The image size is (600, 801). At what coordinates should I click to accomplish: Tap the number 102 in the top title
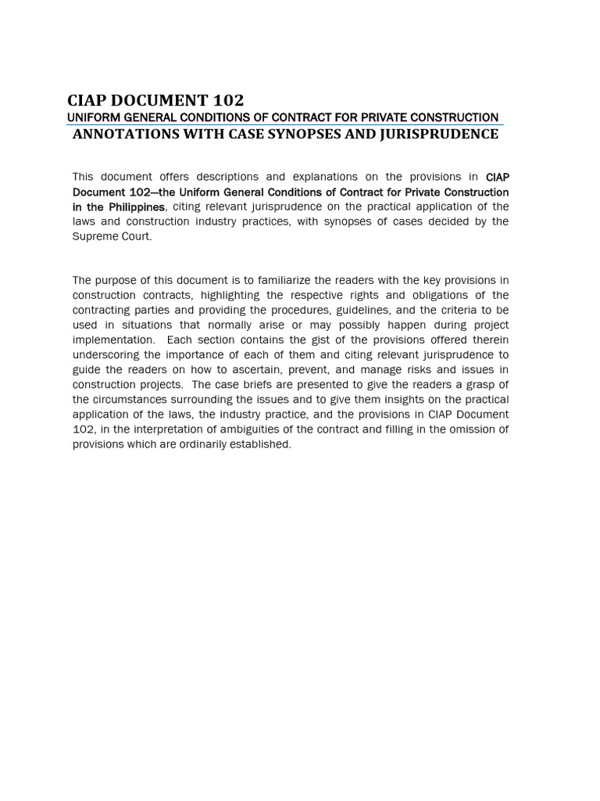[226, 100]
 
